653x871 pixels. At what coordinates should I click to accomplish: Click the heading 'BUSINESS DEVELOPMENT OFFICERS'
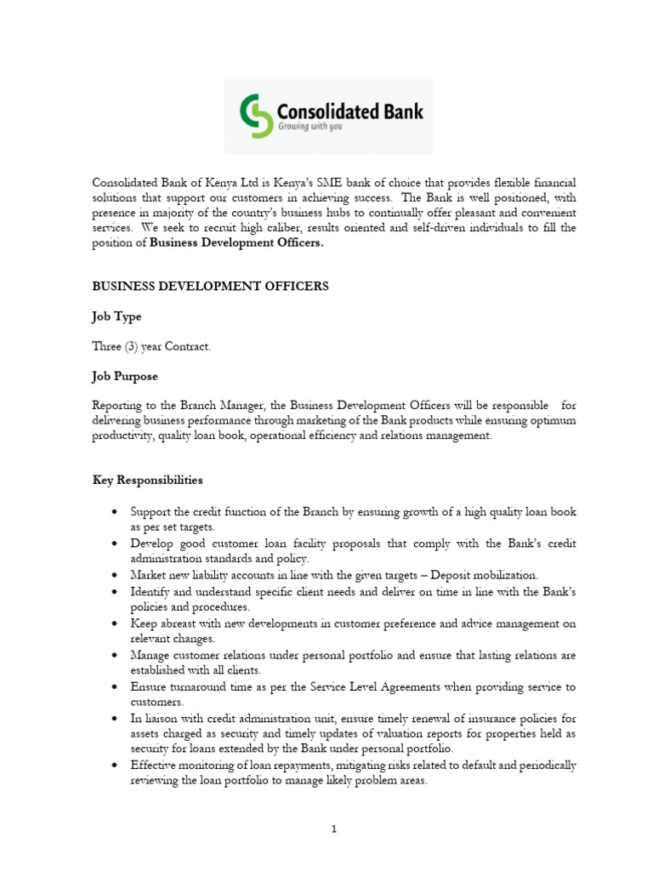point(210,287)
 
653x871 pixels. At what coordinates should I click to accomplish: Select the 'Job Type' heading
point(116,316)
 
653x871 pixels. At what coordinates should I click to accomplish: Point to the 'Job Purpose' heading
point(125,376)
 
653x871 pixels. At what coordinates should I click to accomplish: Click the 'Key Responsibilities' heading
point(147,480)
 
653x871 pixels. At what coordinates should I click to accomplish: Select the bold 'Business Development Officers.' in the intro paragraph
point(237,242)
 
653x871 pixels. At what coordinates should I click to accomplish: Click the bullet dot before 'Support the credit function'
point(114,512)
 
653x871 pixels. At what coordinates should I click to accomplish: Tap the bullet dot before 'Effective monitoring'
point(114,766)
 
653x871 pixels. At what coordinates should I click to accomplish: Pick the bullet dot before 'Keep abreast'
point(114,623)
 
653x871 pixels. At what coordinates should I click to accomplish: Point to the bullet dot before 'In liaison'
point(114,719)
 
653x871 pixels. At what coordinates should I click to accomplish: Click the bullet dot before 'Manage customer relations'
point(114,656)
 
